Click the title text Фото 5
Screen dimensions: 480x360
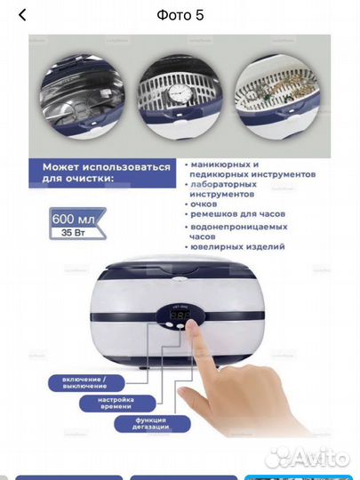(180, 15)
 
